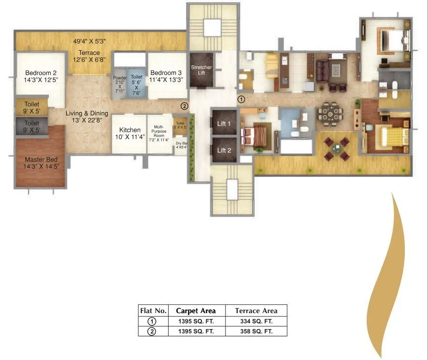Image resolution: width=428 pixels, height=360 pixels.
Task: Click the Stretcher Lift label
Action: [201, 70]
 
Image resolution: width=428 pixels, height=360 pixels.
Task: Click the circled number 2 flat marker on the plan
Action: [184, 106]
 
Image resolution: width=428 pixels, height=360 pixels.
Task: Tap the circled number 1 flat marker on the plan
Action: [242, 99]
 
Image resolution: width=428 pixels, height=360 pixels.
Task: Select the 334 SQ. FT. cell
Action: [256, 321]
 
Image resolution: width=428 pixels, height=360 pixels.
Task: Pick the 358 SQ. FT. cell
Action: [256, 331]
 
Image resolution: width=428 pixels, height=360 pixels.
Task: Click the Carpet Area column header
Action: [196, 311]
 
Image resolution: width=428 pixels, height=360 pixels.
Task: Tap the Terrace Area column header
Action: [256, 311]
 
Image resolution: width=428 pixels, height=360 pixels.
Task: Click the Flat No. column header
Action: [153, 311]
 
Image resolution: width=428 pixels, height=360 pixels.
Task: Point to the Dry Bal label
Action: [181, 145]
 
